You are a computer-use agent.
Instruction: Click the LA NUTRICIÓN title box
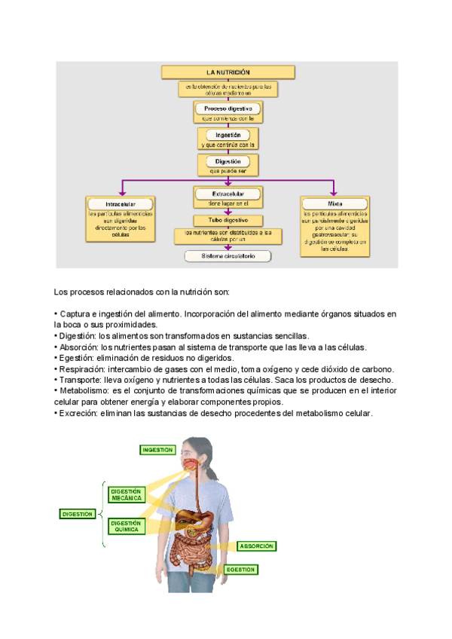[x=228, y=72]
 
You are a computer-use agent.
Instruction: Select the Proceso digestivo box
[x=228, y=109]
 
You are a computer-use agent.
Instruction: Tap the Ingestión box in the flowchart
[x=228, y=135]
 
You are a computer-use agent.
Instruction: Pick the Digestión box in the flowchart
[x=228, y=161]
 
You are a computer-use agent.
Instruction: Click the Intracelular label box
[x=121, y=204]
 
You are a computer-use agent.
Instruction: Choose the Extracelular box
[x=228, y=194]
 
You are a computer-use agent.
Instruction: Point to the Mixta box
[x=334, y=203]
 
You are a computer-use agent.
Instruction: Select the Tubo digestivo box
[x=228, y=220]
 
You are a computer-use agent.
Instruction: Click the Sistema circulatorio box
[x=228, y=256]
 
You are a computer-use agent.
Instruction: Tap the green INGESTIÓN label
[x=157, y=450]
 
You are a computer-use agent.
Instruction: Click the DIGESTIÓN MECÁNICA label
[x=126, y=494]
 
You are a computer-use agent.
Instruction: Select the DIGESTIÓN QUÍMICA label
[x=126, y=526]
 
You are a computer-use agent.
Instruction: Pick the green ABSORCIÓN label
[x=257, y=546]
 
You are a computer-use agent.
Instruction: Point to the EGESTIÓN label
[x=240, y=570]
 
